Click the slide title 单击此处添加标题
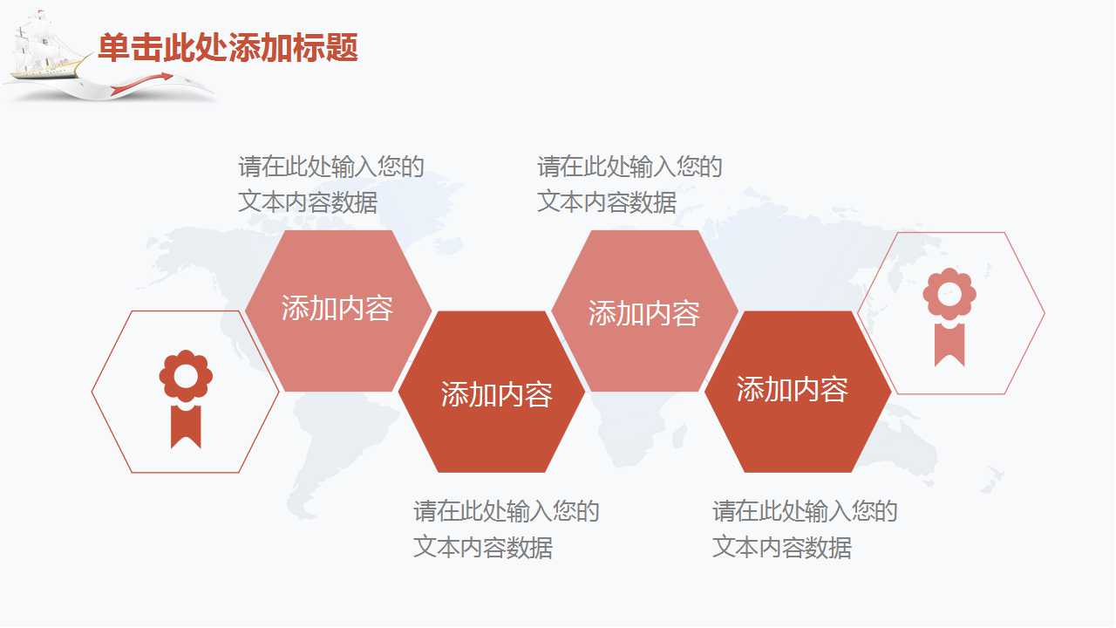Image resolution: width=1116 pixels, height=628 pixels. pyautogui.click(x=228, y=48)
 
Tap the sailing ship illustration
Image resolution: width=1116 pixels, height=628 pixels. pyautogui.click(x=46, y=46)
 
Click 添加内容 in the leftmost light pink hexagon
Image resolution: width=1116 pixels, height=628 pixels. pyautogui.click(x=337, y=308)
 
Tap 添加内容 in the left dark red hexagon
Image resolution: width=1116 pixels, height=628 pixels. pyautogui.click(x=497, y=394)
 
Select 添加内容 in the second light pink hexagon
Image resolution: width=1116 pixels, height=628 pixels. pyautogui.click(x=644, y=313)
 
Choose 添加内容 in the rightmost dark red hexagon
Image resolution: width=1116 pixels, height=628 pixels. pyautogui.click(x=793, y=389)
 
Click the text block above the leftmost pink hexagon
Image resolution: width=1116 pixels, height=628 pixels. pyautogui.click(x=331, y=184)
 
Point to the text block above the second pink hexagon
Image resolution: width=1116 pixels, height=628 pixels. pyautogui.click(x=629, y=184)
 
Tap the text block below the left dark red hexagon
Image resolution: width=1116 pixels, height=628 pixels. pyautogui.click(x=507, y=529)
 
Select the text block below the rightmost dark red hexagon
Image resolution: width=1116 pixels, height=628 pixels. pyautogui.click(x=805, y=529)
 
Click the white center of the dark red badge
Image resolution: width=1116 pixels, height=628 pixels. pyautogui.click(x=186, y=376)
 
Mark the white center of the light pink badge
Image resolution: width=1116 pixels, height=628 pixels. pyautogui.click(x=949, y=294)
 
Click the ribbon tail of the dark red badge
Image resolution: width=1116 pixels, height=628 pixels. pyautogui.click(x=186, y=427)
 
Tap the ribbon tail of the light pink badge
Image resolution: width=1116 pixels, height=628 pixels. pyautogui.click(x=949, y=345)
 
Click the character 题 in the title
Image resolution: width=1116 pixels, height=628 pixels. pyautogui.click(x=343, y=48)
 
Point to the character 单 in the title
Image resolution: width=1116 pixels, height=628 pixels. pyautogui.click(x=114, y=48)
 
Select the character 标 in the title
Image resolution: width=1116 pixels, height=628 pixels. pyautogui.click(x=310, y=48)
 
